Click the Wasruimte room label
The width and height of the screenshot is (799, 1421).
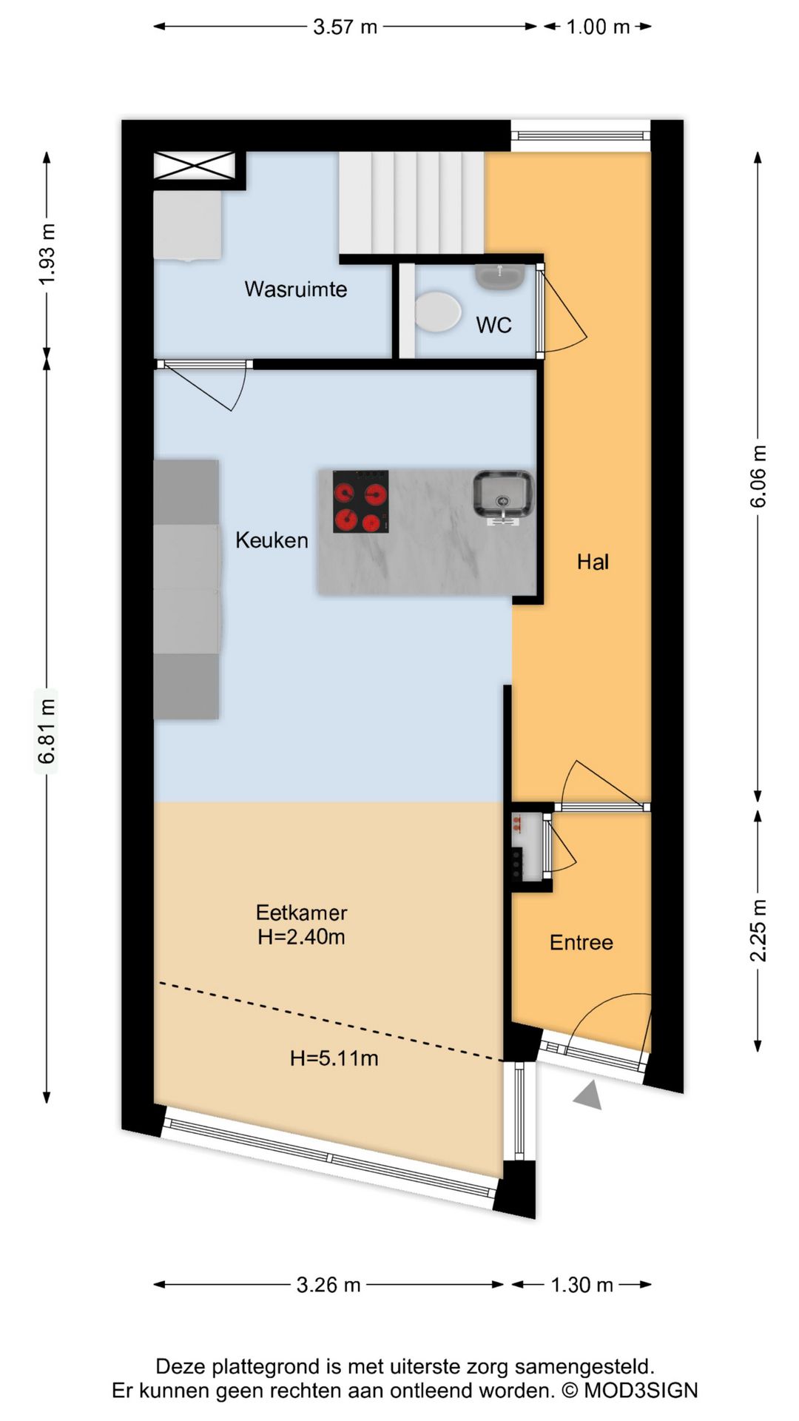tap(296, 289)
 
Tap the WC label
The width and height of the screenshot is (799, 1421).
tap(493, 325)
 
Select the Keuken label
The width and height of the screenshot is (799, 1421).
tap(272, 540)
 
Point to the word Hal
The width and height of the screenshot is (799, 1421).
tap(593, 562)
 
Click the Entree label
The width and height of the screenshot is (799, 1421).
tap(581, 942)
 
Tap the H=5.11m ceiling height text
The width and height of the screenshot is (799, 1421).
tap(334, 1058)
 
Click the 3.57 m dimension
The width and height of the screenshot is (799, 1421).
tap(345, 27)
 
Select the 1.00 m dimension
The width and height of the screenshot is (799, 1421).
tap(598, 27)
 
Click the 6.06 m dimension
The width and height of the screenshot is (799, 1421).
tap(758, 477)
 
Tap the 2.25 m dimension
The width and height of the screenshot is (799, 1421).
tap(758, 930)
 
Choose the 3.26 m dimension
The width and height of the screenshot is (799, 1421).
tap(328, 1285)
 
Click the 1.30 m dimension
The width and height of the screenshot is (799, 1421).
tap(582, 1285)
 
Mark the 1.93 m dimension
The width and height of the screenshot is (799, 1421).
tap(47, 254)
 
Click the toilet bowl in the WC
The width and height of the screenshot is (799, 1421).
tap(437, 312)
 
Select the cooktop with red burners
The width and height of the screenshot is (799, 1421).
tap(360, 502)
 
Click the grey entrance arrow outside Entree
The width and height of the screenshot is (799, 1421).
tap(588, 1095)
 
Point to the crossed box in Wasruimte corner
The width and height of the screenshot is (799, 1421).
tap(194, 165)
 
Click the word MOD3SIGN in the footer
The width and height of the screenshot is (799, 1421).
tap(641, 1391)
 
